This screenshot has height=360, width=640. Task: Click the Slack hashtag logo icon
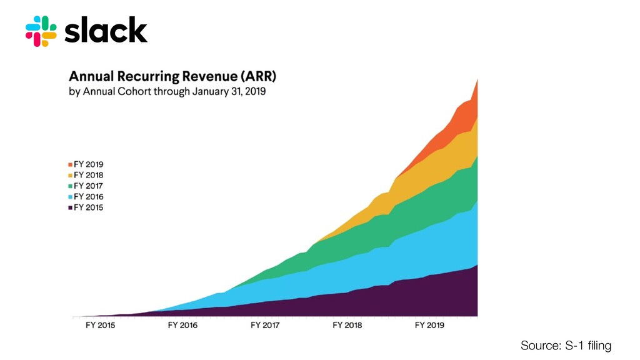click(41, 31)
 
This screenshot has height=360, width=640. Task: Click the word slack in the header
click(106, 31)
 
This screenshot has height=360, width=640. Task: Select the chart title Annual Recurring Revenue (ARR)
click(172, 77)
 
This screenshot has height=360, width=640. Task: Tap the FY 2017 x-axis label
click(265, 326)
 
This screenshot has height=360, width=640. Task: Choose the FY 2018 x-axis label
click(347, 326)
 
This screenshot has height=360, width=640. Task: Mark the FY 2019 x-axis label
click(429, 326)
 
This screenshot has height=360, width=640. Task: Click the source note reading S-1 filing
click(566, 346)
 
